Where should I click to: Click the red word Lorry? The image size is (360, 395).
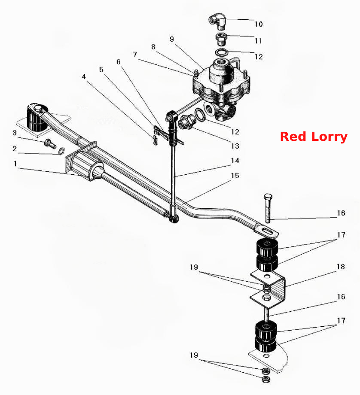click(329, 137)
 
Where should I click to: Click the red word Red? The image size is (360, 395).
click(294, 137)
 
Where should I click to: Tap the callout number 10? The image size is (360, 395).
click(259, 24)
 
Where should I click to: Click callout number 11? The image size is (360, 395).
click(259, 41)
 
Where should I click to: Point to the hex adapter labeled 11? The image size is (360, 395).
click(221, 39)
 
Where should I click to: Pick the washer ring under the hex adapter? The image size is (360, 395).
click(221, 53)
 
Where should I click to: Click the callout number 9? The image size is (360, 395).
click(172, 39)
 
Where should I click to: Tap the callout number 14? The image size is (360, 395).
click(235, 161)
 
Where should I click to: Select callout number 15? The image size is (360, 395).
click(235, 176)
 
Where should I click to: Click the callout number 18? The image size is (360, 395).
click(341, 267)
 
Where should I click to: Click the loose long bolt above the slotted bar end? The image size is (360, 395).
click(268, 208)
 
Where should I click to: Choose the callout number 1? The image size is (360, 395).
click(15, 164)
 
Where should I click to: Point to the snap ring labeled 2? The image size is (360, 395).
click(61, 151)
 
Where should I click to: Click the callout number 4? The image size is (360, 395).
click(84, 76)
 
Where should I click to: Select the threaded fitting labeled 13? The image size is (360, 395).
click(187, 122)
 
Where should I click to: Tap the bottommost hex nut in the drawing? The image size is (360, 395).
click(266, 379)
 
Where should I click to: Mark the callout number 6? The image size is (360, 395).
click(119, 62)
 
